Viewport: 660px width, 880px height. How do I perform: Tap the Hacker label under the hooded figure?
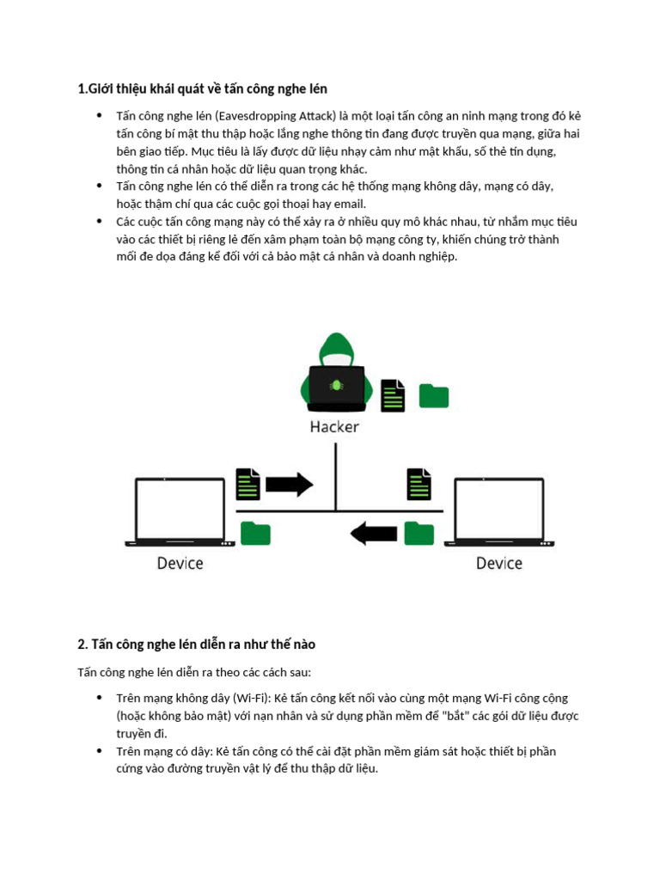[x=334, y=426]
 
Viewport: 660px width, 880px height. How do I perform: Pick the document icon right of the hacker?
[x=394, y=395]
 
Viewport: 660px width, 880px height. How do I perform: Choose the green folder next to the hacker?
[x=433, y=395]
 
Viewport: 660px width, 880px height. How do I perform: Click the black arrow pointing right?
[x=290, y=484]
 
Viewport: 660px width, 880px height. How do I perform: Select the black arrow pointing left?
[x=373, y=534]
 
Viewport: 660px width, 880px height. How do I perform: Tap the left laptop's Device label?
[x=180, y=564]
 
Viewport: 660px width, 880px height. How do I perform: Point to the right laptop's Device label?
[x=498, y=564]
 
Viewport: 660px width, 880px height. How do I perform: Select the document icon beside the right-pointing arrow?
[x=247, y=484]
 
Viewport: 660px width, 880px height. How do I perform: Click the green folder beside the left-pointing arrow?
[x=419, y=534]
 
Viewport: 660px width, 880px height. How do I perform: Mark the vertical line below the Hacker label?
[x=335, y=473]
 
